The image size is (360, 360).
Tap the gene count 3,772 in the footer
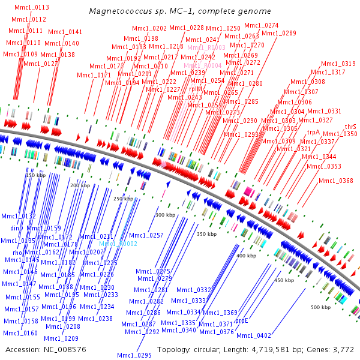[x=343, y=349]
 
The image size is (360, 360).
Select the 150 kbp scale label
[x=35, y=175]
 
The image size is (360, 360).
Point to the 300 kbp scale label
[x=164, y=215]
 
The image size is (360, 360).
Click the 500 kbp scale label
[x=320, y=307]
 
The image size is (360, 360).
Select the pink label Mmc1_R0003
[x=206, y=47]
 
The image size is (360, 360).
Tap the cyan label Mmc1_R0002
[x=118, y=244]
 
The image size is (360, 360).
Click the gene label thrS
[x=350, y=127]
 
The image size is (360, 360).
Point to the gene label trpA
[x=313, y=131]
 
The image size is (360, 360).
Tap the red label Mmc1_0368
[x=336, y=181]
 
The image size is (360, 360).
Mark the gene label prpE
[x=241, y=321]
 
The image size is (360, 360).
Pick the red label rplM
[x=196, y=89]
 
